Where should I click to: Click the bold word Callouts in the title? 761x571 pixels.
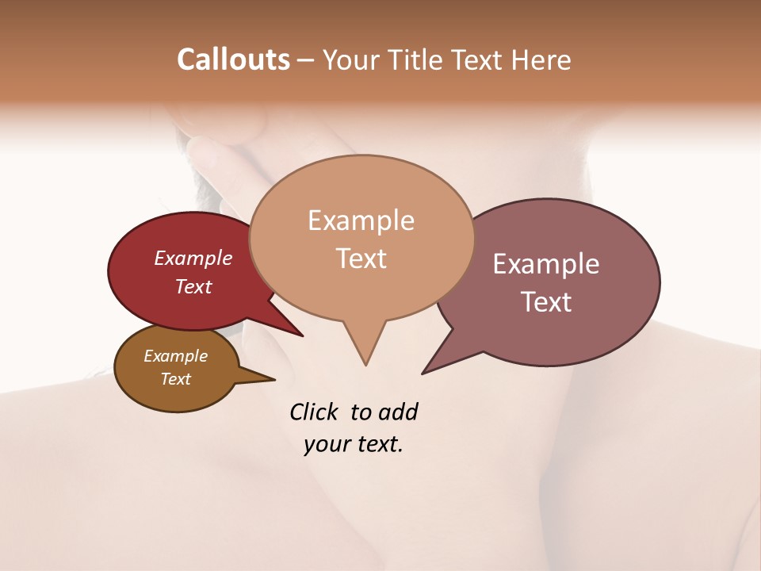click(x=233, y=59)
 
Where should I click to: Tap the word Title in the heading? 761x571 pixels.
click(x=418, y=59)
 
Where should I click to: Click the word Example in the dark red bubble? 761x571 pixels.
click(x=193, y=258)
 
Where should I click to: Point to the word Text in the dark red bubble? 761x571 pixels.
click(x=193, y=286)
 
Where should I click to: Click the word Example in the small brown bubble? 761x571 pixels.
click(x=175, y=356)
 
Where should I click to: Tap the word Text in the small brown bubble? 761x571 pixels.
click(x=175, y=379)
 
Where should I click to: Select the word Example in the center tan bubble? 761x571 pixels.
click(x=361, y=220)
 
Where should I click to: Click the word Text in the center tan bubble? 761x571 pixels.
click(x=361, y=259)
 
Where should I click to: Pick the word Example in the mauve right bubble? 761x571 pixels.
click(x=546, y=264)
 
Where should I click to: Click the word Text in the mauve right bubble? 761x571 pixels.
click(x=546, y=302)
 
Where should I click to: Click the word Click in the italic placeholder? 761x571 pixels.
click(x=315, y=412)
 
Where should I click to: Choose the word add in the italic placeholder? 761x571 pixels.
click(x=398, y=412)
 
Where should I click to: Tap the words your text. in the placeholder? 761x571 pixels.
click(x=354, y=445)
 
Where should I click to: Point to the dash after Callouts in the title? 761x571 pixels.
click(x=306, y=60)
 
